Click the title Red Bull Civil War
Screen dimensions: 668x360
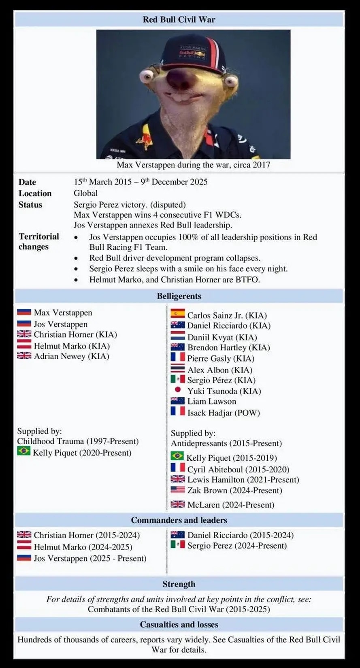click(179, 19)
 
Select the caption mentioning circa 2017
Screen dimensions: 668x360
click(193, 165)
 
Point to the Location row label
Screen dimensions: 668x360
click(35, 193)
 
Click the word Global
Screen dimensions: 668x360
click(85, 193)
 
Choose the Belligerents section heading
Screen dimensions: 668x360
click(179, 296)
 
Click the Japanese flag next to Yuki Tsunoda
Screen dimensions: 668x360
click(177, 390)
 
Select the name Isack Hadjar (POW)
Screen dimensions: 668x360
click(223, 413)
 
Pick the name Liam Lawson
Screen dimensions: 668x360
click(211, 401)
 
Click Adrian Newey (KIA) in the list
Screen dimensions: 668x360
click(71, 356)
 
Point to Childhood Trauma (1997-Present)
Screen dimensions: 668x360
click(78, 441)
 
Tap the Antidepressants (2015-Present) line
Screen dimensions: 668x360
click(226, 443)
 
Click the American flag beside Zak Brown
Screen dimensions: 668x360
click(177, 490)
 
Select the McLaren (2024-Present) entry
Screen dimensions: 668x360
click(230, 505)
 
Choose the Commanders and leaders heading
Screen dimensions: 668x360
click(179, 520)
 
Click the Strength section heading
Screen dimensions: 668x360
click(179, 584)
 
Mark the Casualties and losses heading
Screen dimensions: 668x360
click(179, 624)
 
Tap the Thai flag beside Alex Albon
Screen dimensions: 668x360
click(177, 369)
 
